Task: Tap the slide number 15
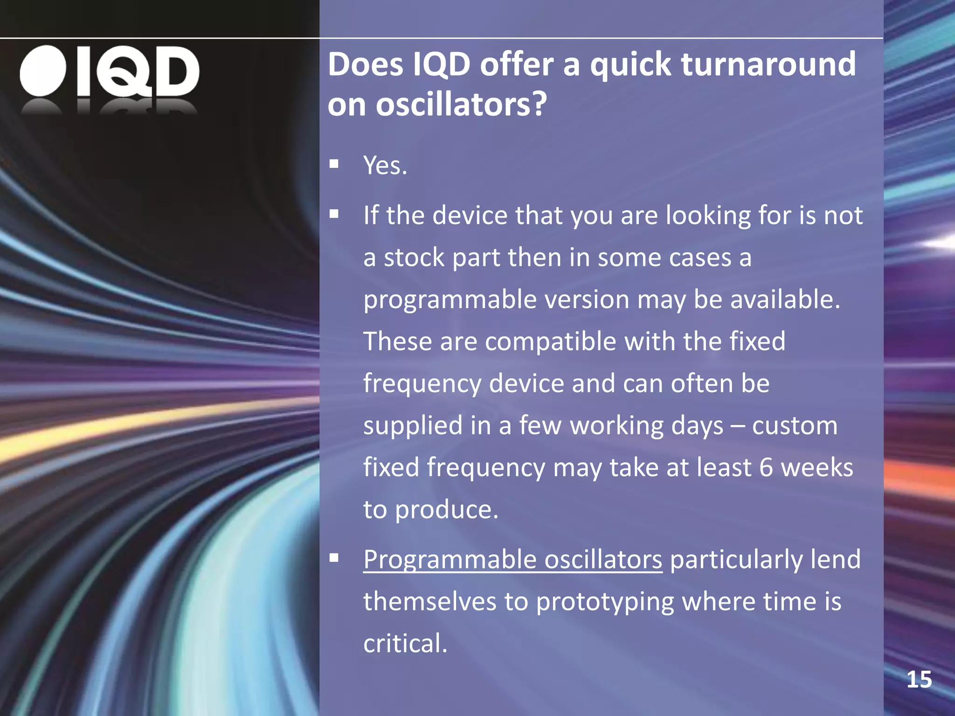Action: [919, 680]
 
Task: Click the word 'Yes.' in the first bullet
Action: [385, 165]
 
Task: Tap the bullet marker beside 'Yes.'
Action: [334, 164]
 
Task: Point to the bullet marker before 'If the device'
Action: [334, 214]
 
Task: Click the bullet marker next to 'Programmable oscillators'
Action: [334, 558]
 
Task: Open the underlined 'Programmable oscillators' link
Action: [512, 559]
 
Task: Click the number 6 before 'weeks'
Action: [766, 468]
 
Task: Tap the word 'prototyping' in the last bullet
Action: [605, 601]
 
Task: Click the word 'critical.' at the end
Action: [405, 643]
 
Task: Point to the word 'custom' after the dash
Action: [795, 426]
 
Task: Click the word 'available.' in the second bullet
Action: [785, 299]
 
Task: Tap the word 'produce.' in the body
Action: [447, 510]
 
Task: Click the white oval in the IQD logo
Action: [43, 71]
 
